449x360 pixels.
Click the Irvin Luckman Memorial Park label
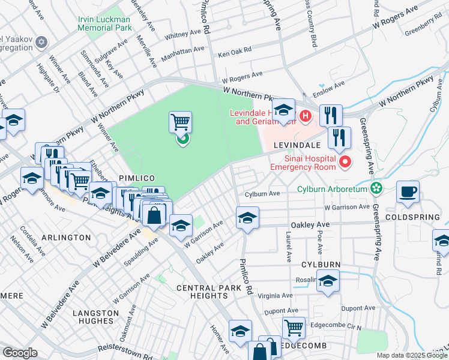pyautogui.click(x=104, y=23)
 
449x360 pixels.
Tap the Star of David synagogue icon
pyautogui.click(x=41, y=42)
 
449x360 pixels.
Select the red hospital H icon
pyautogui.click(x=306, y=115)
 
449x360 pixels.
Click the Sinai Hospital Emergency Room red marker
pyautogui.click(x=345, y=161)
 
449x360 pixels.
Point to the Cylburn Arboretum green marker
pyautogui.click(x=376, y=188)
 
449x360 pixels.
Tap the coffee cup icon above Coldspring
pyautogui.click(x=408, y=191)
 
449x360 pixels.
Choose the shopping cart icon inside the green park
pyautogui.click(x=180, y=122)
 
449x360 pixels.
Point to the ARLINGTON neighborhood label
pyautogui.click(x=67, y=238)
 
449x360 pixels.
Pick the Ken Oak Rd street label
pyautogui.click(x=235, y=53)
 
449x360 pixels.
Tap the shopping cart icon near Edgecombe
pyautogui.click(x=293, y=327)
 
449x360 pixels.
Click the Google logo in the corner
pyautogui.click(x=20, y=353)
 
